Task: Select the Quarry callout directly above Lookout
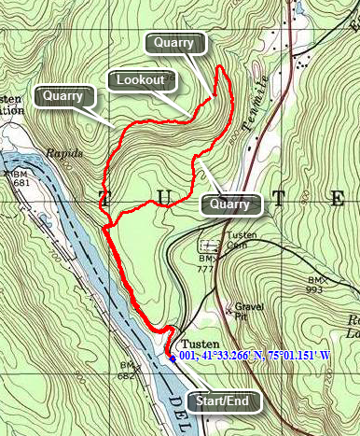tap(173, 43)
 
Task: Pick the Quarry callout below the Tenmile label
tap(229, 204)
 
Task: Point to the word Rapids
tap(63, 153)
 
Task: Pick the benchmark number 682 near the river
tap(128, 374)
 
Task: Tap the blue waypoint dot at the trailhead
tap(172, 356)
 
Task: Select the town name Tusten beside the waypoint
tap(200, 342)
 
